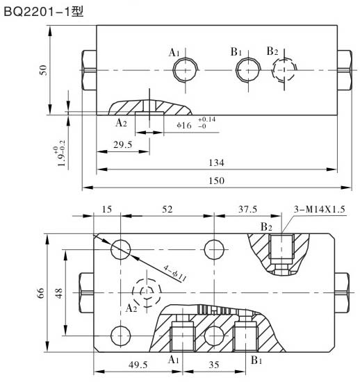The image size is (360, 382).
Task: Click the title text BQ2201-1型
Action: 43,12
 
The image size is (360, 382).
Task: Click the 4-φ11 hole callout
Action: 172,273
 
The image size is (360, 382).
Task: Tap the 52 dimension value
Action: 167,210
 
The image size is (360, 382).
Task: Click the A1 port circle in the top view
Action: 186,70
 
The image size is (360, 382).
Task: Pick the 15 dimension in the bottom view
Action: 107,210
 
